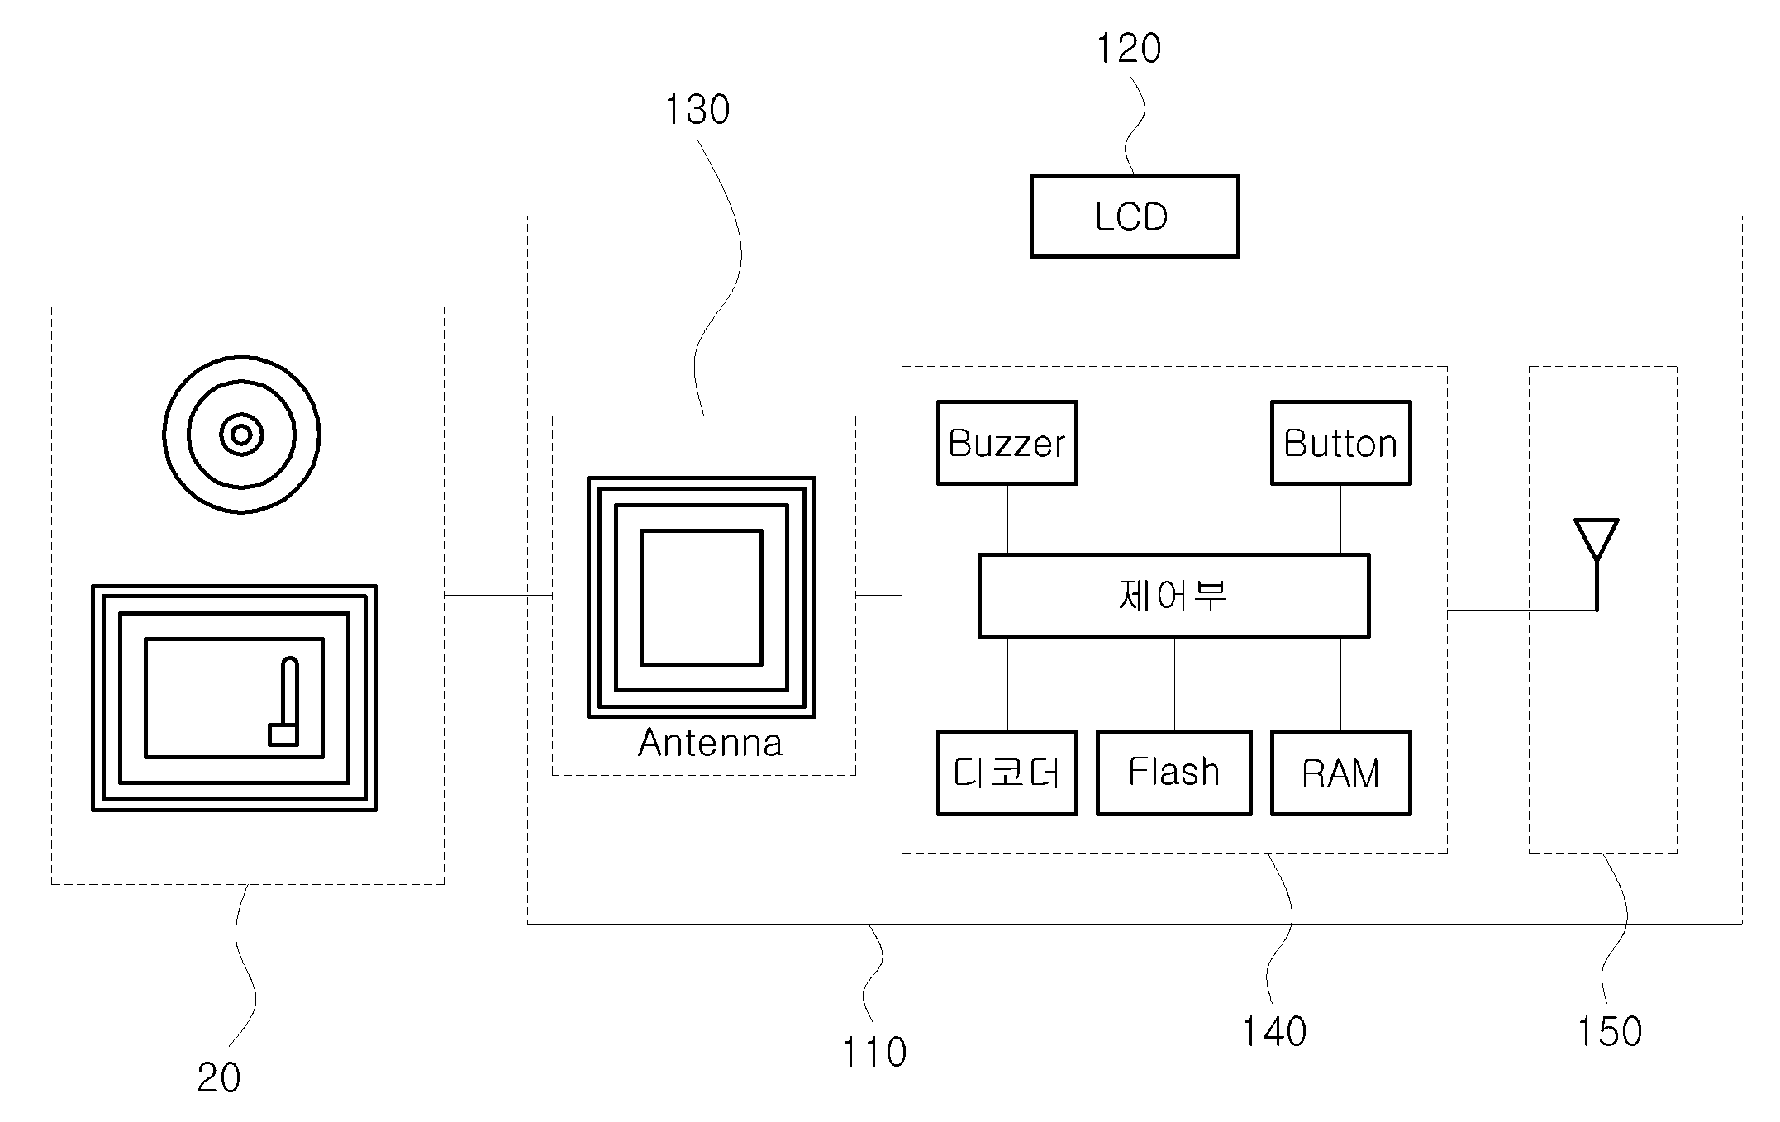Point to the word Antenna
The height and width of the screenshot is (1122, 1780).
click(x=710, y=743)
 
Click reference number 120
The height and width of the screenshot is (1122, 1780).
click(x=1128, y=49)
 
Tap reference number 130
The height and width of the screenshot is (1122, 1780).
click(x=697, y=110)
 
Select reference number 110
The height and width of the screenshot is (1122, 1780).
click(x=874, y=1053)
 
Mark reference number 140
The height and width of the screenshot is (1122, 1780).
click(x=1274, y=1032)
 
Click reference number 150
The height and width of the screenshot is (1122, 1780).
click(x=1609, y=1032)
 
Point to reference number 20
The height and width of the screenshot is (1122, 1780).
click(x=219, y=1078)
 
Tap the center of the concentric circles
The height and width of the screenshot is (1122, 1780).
click(x=241, y=435)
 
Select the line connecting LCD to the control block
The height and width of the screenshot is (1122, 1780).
click(x=1135, y=311)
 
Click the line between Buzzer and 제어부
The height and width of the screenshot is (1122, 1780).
click(x=1007, y=519)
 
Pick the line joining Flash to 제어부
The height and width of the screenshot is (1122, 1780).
click(x=1174, y=684)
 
